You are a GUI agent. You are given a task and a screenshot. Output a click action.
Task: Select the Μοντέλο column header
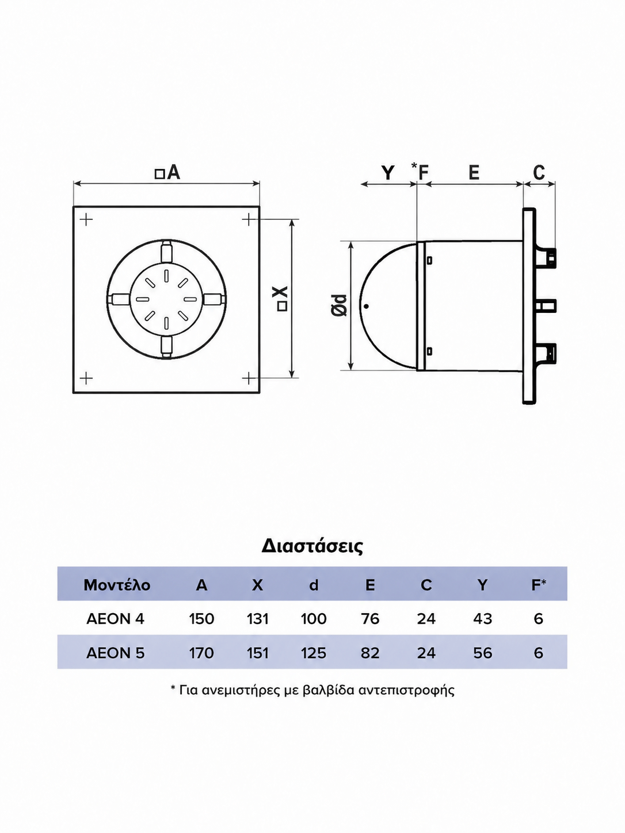click(117, 585)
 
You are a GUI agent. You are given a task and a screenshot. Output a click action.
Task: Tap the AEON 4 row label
click(115, 619)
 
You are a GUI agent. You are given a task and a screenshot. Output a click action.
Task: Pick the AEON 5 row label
click(115, 653)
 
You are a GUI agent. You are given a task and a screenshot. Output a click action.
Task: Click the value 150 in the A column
click(201, 619)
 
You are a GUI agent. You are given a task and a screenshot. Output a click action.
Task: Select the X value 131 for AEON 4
click(257, 619)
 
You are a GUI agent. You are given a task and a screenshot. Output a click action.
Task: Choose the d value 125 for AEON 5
click(314, 653)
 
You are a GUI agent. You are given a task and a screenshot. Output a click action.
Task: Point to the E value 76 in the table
click(370, 619)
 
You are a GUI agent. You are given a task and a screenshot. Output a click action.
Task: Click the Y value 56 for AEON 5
click(482, 653)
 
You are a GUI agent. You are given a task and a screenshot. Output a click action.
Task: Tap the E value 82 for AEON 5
click(370, 653)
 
